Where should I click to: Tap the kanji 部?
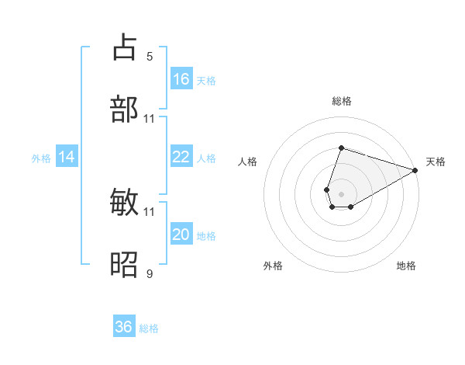pos(126,109)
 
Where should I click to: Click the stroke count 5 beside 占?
pos(149,56)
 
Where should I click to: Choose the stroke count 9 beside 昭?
pos(149,273)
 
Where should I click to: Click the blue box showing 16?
pos(181,78)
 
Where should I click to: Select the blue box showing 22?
pos(181,157)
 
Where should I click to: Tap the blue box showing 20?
pos(181,235)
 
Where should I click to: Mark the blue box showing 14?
pos(67,157)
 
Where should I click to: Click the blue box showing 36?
pos(124,327)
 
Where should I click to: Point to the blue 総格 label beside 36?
pos(149,328)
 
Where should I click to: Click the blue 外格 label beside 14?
pos(41,158)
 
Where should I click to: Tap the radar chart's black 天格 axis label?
pos(436,162)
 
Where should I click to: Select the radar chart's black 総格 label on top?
pos(341,101)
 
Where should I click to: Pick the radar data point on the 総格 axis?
pos(341,148)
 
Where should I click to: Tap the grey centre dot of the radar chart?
pos(341,193)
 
